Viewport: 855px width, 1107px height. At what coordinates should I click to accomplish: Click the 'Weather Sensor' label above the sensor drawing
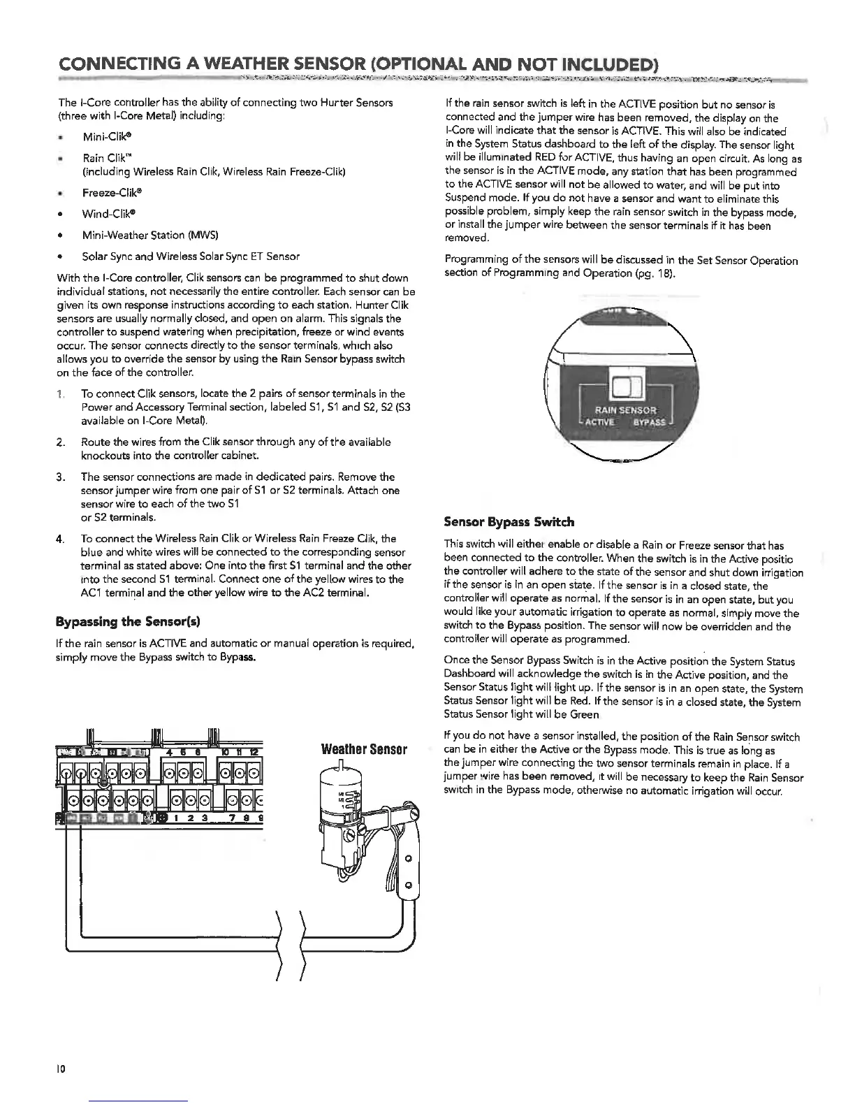point(363,751)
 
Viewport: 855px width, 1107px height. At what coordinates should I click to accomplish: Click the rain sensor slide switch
point(622,385)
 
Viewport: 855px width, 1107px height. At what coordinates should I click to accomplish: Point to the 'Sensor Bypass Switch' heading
point(509,522)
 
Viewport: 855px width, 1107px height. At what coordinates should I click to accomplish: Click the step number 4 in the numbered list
point(61,539)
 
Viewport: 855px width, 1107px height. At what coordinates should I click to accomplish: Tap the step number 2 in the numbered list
point(61,442)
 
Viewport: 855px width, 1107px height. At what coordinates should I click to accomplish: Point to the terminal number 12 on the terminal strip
point(256,751)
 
